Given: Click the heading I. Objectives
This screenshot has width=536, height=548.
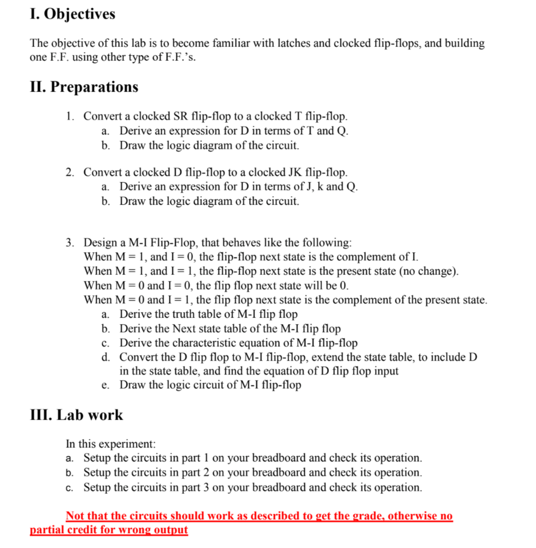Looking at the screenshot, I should coord(72,14).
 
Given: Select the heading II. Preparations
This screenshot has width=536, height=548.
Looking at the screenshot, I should coord(84,87).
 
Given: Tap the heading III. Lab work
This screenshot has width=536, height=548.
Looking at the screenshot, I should coord(76,415).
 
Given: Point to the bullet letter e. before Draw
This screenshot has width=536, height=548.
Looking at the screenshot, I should coord(105,385).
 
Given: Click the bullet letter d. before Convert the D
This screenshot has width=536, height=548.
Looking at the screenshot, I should coord(105,357).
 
